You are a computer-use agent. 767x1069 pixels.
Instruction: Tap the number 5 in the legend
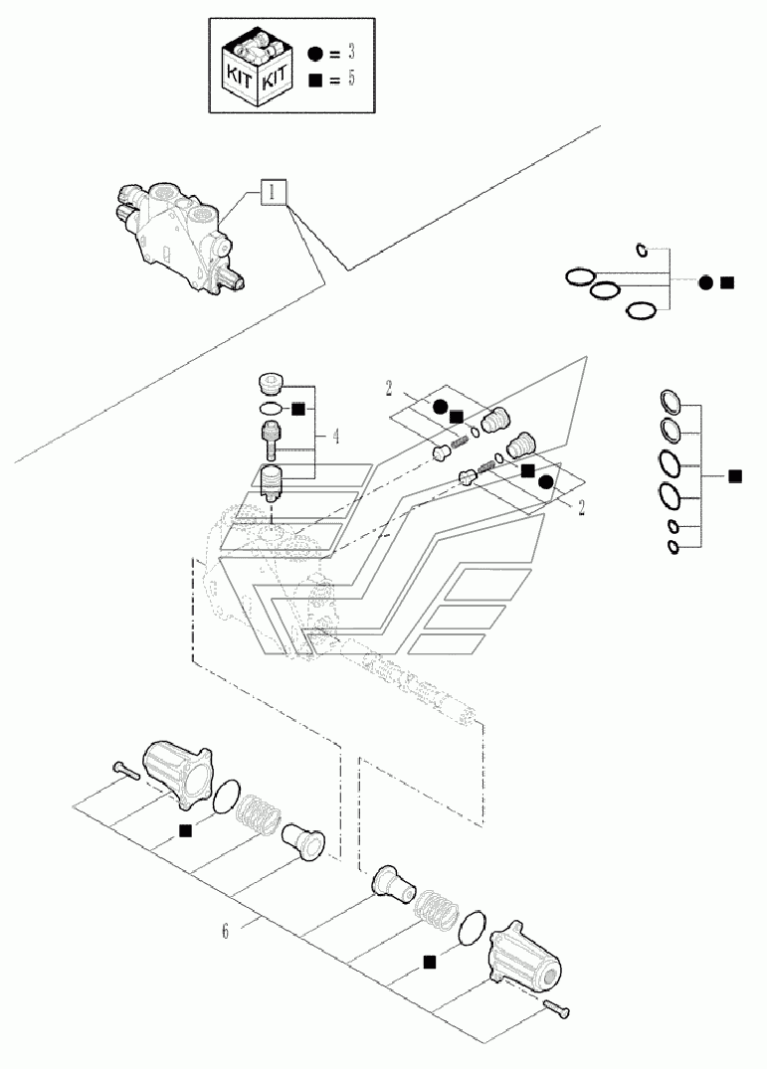click(350, 82)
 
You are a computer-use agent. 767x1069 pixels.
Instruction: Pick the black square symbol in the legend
click(315, 82)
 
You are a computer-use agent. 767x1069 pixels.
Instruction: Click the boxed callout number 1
click(275, 192)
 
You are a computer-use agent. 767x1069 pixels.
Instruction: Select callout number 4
click(336, 435)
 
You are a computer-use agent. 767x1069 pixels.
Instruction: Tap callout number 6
click(226, 932)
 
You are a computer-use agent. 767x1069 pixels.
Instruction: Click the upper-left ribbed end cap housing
click(178, 772)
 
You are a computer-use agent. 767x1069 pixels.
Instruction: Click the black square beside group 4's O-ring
click(297, 408)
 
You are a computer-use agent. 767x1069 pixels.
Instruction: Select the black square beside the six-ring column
click(734, 477)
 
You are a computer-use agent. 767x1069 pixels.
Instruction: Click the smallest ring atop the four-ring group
click(644, 250)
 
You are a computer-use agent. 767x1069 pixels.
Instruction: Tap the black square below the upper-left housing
click(185, 831)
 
